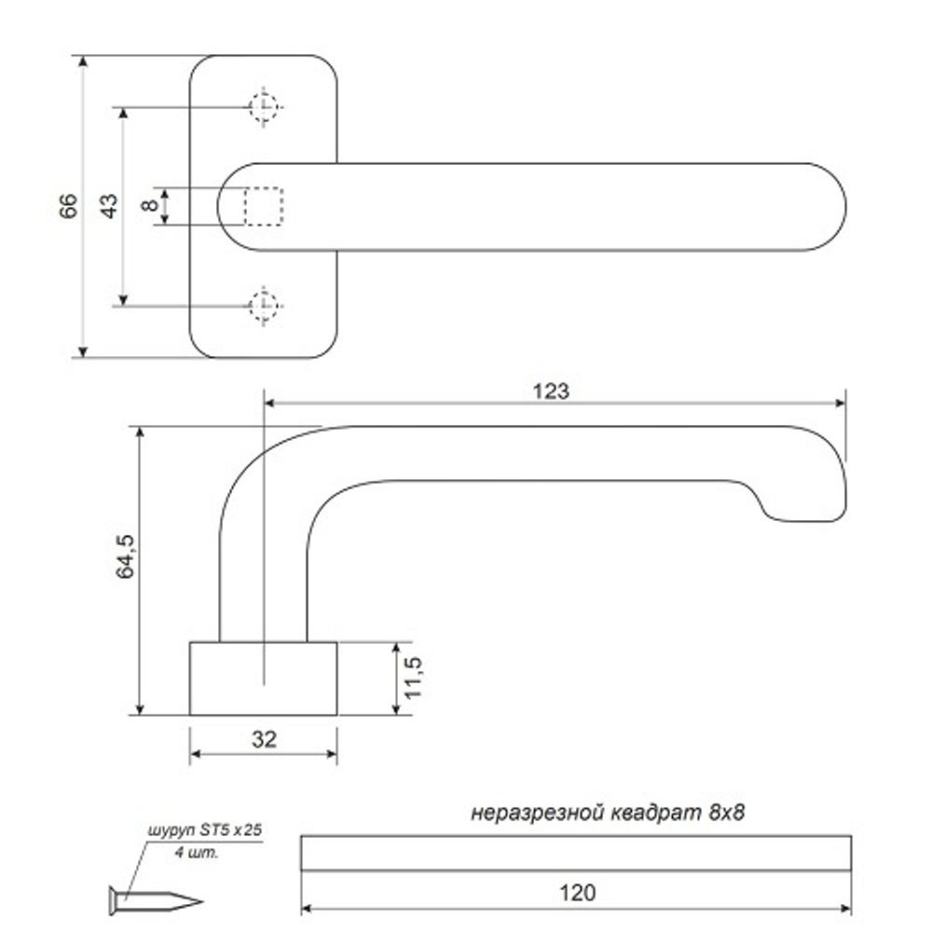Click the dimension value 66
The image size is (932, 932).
point(67,207)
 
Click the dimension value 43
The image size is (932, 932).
point(109,206)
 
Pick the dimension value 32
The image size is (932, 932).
point(264,739)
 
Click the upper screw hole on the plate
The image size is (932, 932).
point(265,108)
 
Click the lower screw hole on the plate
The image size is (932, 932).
point(265,304)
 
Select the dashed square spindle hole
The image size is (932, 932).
point(263,206)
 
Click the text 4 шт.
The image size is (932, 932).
point(202,852)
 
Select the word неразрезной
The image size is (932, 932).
point(536,813)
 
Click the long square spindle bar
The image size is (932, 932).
point(577,853)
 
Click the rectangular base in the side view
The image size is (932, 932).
point(264,678)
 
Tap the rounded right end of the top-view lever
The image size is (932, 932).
point(825,207)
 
